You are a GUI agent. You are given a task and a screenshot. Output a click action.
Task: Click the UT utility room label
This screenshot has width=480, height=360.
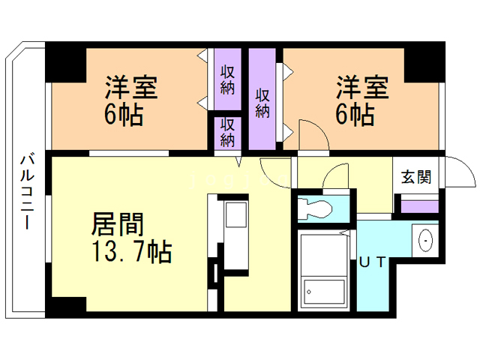pyautogui.click(x=373, y=262)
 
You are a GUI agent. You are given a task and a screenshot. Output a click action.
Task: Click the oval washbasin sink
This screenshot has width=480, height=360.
pyautogui.click(x=424, y=240)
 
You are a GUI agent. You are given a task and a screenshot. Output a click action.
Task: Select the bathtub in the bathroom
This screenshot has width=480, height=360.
pyautogui.click(x=322, y=289)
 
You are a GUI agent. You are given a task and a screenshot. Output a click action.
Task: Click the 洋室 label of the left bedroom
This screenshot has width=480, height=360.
pyautogui.click(x=130, y=88)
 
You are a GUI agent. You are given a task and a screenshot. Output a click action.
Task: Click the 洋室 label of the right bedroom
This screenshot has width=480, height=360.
pyautogui.click(x=361, y=88)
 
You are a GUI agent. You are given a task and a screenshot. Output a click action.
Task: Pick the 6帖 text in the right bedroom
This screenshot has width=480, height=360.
pyautogui.click(x=355, y=116)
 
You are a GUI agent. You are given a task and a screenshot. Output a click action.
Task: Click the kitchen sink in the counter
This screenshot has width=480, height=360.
pyautogui.click(x=235, y=215)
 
